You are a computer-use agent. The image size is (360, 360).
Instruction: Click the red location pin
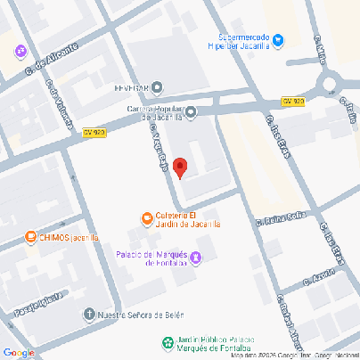pos(179,167)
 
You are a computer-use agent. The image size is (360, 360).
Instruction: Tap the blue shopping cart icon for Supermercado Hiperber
pos(279,39)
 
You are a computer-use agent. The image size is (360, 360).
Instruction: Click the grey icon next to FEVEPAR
pos(158,87)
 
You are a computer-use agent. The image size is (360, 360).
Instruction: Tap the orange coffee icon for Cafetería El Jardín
pos(147,217)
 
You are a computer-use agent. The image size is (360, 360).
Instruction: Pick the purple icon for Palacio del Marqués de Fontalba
pos(197,258)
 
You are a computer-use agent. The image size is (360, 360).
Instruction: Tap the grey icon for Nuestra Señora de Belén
pos(88,314)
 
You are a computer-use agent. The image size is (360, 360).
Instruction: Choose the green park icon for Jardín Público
pos(167,342)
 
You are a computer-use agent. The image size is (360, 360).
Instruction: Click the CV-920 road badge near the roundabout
pos(292,102)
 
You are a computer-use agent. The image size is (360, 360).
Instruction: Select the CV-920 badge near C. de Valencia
pos(94,133)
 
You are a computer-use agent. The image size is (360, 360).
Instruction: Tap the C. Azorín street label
pos(318,278)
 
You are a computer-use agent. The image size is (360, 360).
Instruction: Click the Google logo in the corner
pos(19,352)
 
